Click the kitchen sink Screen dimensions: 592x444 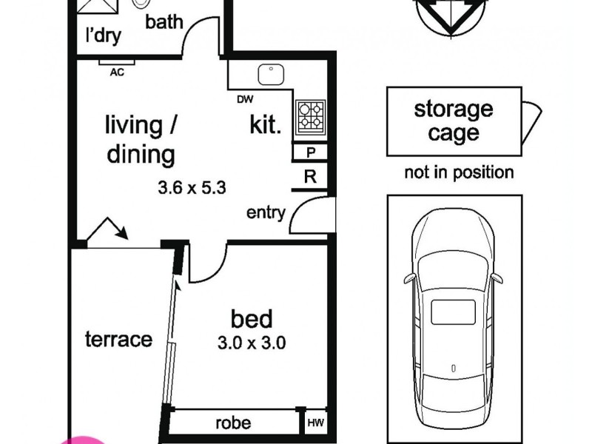271,75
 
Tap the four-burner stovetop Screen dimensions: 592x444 310,116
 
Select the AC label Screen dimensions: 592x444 117,72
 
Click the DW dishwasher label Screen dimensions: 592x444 245,99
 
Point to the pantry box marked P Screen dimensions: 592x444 310,152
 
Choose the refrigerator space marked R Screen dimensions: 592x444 310,176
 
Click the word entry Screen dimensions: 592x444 266,212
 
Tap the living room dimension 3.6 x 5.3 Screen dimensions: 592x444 192,188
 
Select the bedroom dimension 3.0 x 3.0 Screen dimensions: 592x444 252,343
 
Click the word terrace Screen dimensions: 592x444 118,339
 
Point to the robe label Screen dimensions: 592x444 233,423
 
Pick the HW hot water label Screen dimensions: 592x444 316,423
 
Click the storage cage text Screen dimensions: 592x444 454,121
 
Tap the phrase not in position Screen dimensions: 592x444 459,172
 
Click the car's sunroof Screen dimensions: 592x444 453,312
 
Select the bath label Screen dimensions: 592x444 164,22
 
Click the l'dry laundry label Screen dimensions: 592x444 104,36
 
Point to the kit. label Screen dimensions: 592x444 266,124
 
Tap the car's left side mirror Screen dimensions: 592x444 409,278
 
